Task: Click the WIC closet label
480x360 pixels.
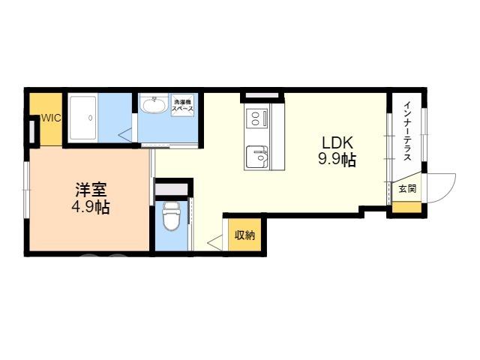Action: tap(52, 118)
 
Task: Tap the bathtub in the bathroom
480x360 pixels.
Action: tap(83, 118)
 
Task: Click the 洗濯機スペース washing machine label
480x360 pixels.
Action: tap(182, 105)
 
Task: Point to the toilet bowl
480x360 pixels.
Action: tap(172, 215)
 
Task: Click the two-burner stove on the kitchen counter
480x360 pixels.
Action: tap(256, 118)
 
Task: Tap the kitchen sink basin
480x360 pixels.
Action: tap(257, 157)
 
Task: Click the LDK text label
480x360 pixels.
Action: tap(337, 143)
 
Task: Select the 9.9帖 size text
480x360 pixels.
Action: tap(337, 159)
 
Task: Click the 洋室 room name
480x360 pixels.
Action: tap(91, 190)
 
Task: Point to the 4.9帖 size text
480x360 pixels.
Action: tap(91, 207)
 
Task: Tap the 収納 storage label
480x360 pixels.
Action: tap(245, 235)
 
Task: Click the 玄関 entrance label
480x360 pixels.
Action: tap(407, 188)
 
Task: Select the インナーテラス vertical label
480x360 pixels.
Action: tap(407, 131)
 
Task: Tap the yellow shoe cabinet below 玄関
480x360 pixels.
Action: tap(406, 207)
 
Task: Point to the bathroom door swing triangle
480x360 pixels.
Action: tap(126, 135)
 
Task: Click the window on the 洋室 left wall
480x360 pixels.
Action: tap(26, 190)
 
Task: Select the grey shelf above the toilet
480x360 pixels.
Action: tap(171, 190)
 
